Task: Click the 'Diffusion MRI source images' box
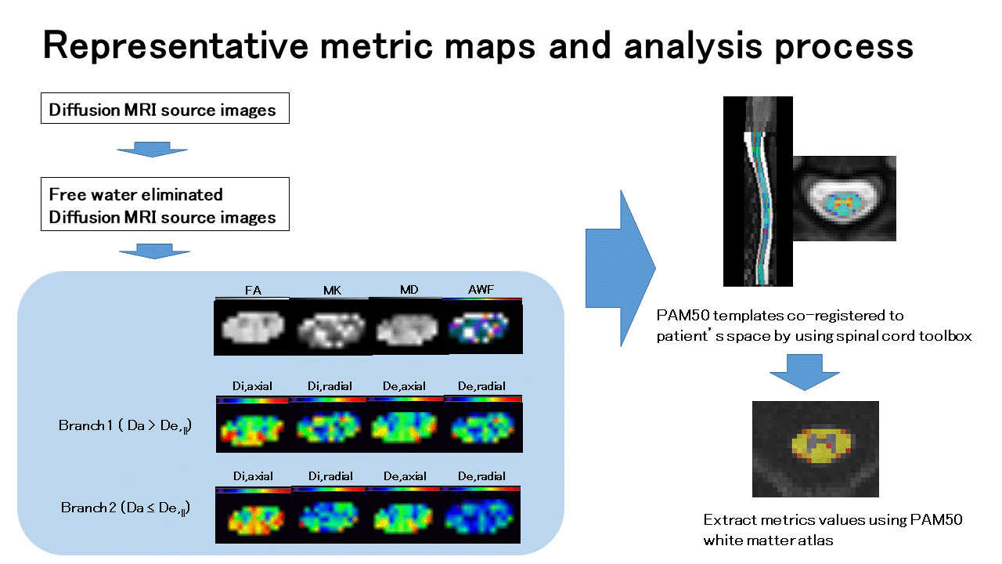point(164,109)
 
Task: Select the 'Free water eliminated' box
point(164,204)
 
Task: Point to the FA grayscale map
point(252,327)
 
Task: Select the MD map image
point(407,327)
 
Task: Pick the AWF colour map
point(482,327)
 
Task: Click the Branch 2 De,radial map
point(482,517)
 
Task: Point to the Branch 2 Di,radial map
point(329,517)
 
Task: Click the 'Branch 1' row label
point(125,425)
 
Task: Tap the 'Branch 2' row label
point(125,508)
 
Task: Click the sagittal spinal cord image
point(758,191)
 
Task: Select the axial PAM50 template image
point(844,198)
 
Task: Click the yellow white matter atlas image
point(815,449)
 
